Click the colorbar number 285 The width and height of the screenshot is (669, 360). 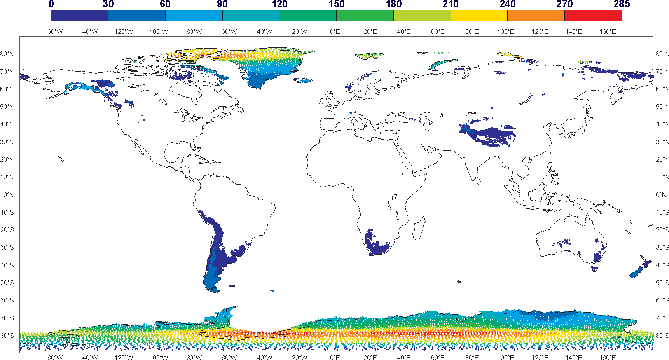point(621,4)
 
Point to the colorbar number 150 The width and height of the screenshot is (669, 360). point(336,4)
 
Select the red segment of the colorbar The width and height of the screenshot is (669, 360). point(593,16)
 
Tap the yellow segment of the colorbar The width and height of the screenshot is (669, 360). point(479,16)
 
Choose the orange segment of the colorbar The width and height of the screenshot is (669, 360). point(536,16)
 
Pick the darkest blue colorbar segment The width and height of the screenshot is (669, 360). point(80,16)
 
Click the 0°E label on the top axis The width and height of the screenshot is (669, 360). point(335,31)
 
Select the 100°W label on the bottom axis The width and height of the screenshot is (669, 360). point(159,357)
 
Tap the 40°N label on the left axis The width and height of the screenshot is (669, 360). point(7,124)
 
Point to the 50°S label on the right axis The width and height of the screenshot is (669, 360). point(662,283)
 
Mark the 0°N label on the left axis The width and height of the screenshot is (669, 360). point(8,194)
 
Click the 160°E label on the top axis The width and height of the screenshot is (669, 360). point(608,31)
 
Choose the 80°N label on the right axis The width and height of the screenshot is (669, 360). point(662,54)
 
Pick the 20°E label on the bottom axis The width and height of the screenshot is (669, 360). point(370,357)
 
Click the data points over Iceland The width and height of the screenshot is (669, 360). point(304,80)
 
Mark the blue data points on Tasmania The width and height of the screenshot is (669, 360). point(595,268)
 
